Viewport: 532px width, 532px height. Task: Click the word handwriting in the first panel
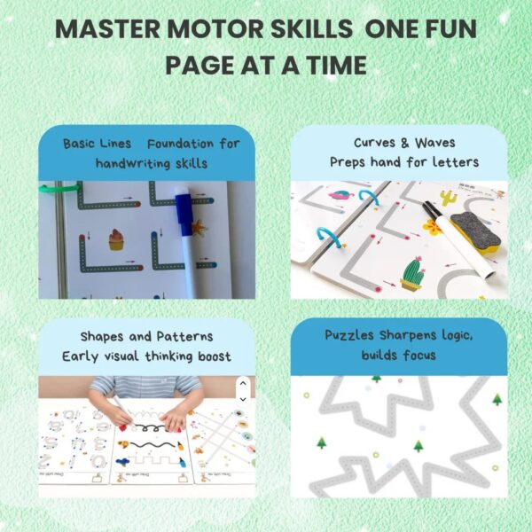[133, 163]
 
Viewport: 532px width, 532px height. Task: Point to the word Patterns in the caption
[185, 336]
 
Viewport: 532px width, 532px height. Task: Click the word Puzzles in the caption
[349, 335]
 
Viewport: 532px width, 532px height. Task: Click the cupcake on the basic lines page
[116, 239]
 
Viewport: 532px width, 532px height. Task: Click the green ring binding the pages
[59, 188]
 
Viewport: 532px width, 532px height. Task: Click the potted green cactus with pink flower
[412, 273]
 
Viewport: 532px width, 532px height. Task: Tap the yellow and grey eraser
[475, 232]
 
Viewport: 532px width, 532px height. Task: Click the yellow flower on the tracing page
[432, 227]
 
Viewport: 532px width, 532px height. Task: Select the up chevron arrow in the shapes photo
[243, 384]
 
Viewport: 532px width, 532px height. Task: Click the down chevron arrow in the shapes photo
[243, 399]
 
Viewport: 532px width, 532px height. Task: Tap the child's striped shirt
[146, 387]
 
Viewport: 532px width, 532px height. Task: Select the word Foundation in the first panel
[180, 144]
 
